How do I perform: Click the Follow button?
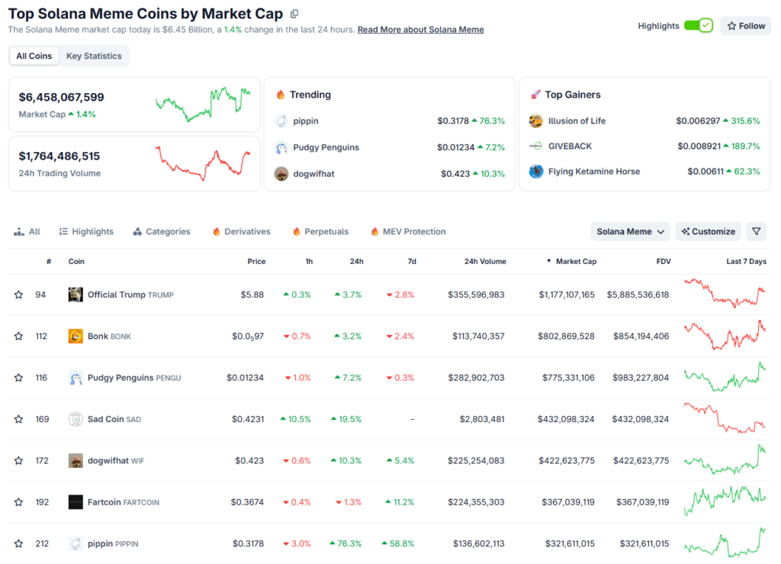tap(745, 26)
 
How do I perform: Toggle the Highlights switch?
tap(698, 26)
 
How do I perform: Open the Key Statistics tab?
tap(94, 56)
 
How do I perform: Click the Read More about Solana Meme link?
tap(420, 30)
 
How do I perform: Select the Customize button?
tap(709, 231)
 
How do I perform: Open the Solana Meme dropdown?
tap(630, 231)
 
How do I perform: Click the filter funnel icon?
tap(755, 231)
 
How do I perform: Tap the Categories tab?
tap(162, 231)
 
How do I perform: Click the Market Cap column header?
tap(576, 261)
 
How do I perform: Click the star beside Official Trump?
tap(18, 295)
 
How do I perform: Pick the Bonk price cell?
tap(249, 336)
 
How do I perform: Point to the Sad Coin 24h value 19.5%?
tap(346, 419)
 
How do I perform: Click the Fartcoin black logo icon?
tap(76, 502)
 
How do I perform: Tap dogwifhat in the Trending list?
tap(313, 173)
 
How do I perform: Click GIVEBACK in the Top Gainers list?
tap(570, 146)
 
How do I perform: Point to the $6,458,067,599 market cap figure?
tap(62, 97)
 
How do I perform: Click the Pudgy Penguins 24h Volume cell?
tap(474, 378)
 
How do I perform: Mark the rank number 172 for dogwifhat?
tap(42, 460)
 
